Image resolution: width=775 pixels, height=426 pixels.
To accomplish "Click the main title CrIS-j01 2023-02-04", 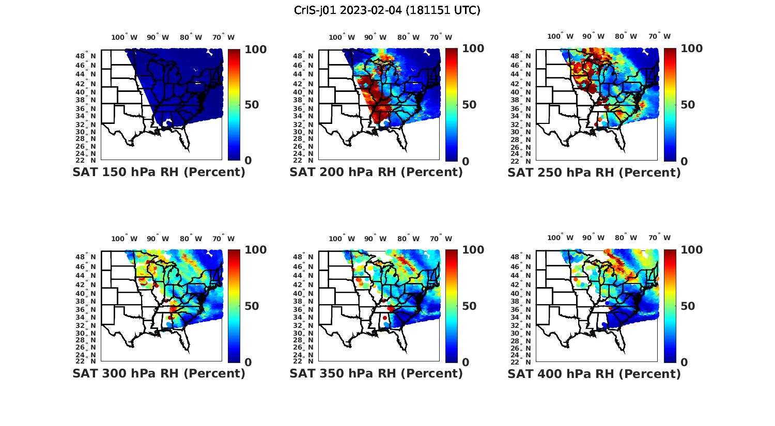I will [x=387, y=10].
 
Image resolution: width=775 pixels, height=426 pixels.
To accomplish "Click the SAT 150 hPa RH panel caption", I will [x=159, y=172].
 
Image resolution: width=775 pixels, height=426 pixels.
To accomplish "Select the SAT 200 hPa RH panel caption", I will [x=376, y=172].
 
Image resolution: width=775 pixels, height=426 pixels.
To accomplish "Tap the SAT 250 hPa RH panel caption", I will [x=594, y=172].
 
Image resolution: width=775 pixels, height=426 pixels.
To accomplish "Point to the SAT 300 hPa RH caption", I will [x=159, y=373].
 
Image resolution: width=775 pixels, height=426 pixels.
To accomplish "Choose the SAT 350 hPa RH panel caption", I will [x=376, y=373].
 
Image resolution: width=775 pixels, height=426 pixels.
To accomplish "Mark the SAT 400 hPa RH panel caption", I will [x=594, y=373].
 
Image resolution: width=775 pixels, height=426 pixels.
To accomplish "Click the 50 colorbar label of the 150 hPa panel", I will [x=252, y=105].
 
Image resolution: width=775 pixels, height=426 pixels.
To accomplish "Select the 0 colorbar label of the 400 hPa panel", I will [x=685, y=362].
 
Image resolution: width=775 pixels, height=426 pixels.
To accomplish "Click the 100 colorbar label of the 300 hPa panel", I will [x=255, y=250].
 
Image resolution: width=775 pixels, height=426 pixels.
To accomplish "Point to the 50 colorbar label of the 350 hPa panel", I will [x=469, y=306].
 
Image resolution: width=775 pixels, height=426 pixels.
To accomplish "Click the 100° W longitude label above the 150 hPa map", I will [x=125, y=37].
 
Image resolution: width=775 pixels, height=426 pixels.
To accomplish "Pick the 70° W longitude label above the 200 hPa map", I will [x=441, y=37].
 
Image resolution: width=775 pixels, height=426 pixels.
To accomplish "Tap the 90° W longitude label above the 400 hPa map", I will [x=594, y=238].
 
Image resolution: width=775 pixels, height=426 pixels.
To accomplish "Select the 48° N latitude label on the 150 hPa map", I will [x=86, y=56].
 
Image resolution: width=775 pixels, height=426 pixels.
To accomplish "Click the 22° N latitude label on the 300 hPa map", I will [x=86, y=361].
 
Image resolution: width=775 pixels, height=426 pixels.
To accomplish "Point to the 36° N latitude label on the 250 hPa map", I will [x=521, y=108].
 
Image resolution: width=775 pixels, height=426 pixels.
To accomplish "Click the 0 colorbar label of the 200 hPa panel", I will [x=466, y=161].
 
